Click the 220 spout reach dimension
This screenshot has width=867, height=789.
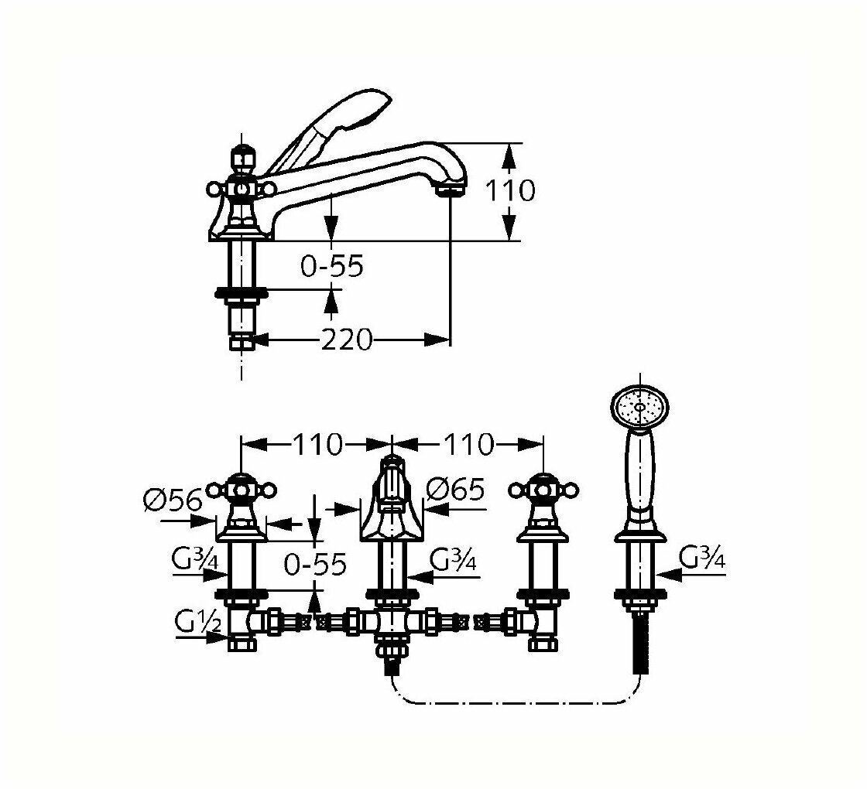(x=348, y=339)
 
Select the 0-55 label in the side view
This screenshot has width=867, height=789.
(x=331, y=267)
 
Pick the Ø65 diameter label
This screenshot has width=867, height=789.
(x=455, y=489)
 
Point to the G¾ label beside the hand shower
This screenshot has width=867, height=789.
(x=702, y=558)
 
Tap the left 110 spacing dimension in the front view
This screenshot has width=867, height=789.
(x=317, y=444)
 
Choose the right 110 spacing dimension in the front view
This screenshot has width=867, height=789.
(x=467, y=444)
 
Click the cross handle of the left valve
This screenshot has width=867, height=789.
(x=242, y=490)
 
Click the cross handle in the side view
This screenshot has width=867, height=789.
(x=242, y=188)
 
